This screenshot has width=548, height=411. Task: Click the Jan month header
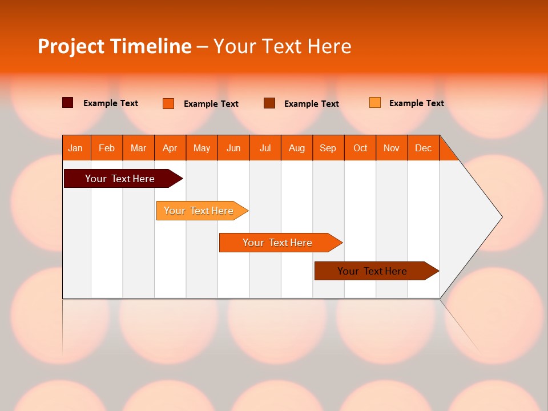75,148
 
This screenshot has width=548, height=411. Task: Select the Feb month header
107,148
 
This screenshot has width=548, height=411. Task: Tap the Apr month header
170,148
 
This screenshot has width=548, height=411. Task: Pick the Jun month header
233,148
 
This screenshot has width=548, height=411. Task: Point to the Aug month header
296,148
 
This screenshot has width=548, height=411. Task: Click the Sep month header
328,148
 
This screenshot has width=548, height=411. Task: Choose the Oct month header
360,148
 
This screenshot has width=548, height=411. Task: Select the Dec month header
423,148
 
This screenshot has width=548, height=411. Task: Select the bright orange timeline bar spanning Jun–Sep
278,243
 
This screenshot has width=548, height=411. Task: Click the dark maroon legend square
68,103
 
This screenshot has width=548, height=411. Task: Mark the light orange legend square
375,103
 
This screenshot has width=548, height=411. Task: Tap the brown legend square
269,103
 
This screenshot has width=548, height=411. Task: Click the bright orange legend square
168,103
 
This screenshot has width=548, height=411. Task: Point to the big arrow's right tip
501,217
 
